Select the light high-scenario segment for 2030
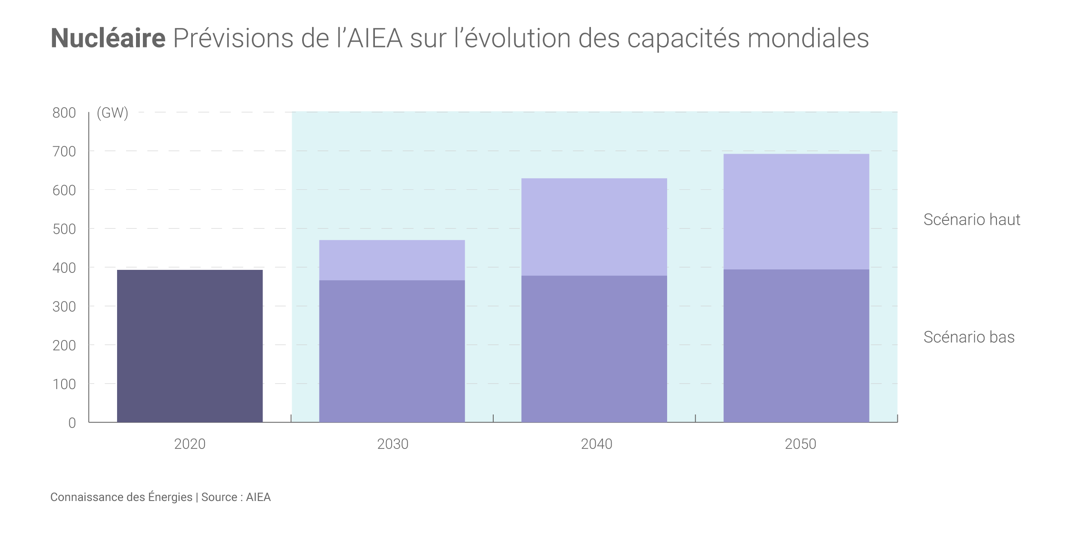[392, 260]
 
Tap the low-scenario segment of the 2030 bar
[392, 351]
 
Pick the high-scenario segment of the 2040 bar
[594, 227]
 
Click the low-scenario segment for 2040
[594, 349]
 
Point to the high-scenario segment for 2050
[796, 211]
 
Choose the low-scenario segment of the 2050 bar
[796, 346]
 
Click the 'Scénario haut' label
[972, 220]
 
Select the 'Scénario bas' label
[969, 337]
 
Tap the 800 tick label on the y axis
[64, 113]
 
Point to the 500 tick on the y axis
[64, 229]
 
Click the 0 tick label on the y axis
[72, 423]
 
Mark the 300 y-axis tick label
[64, 307]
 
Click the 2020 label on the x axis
[190, 444]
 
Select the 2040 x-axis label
[597, 444]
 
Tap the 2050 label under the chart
[800, 444]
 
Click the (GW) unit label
[112, 113]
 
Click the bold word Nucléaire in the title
[108, 38]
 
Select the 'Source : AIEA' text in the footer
[236, 497]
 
